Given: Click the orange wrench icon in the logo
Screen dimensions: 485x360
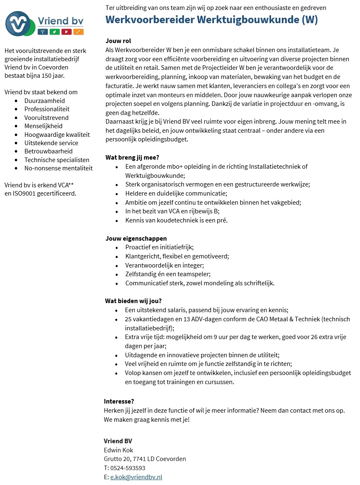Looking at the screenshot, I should (x=78, y=32).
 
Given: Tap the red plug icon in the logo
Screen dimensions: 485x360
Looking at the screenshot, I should (x=66, y=32).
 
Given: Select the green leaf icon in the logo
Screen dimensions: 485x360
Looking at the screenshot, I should (x=54, y=32).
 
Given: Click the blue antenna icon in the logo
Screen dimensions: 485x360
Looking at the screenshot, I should (x=42, y=32).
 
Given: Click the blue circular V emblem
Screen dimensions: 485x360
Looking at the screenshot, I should (x=17, y=24).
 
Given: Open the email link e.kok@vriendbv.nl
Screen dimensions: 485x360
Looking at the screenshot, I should (x=136, y=477).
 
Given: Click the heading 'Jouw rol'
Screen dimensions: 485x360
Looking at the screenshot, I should (x=118, y=41).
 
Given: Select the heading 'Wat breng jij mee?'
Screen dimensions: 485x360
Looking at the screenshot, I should (x=132, y=158).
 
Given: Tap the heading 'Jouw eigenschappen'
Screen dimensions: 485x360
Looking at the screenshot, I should (x=136, y=238).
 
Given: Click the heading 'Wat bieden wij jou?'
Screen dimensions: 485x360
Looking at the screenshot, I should (x=133, y=301).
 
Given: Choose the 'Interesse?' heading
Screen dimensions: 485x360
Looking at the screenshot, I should (x=119, y=401).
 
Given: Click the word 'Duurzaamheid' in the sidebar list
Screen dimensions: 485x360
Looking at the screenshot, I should (x=44, y=100).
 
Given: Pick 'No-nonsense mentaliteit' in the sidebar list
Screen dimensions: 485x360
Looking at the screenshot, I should (x=58, y=168).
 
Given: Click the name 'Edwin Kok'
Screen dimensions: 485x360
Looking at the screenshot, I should (x=118, y=450).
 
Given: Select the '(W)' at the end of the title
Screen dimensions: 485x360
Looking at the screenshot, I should (x=309, y=20).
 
